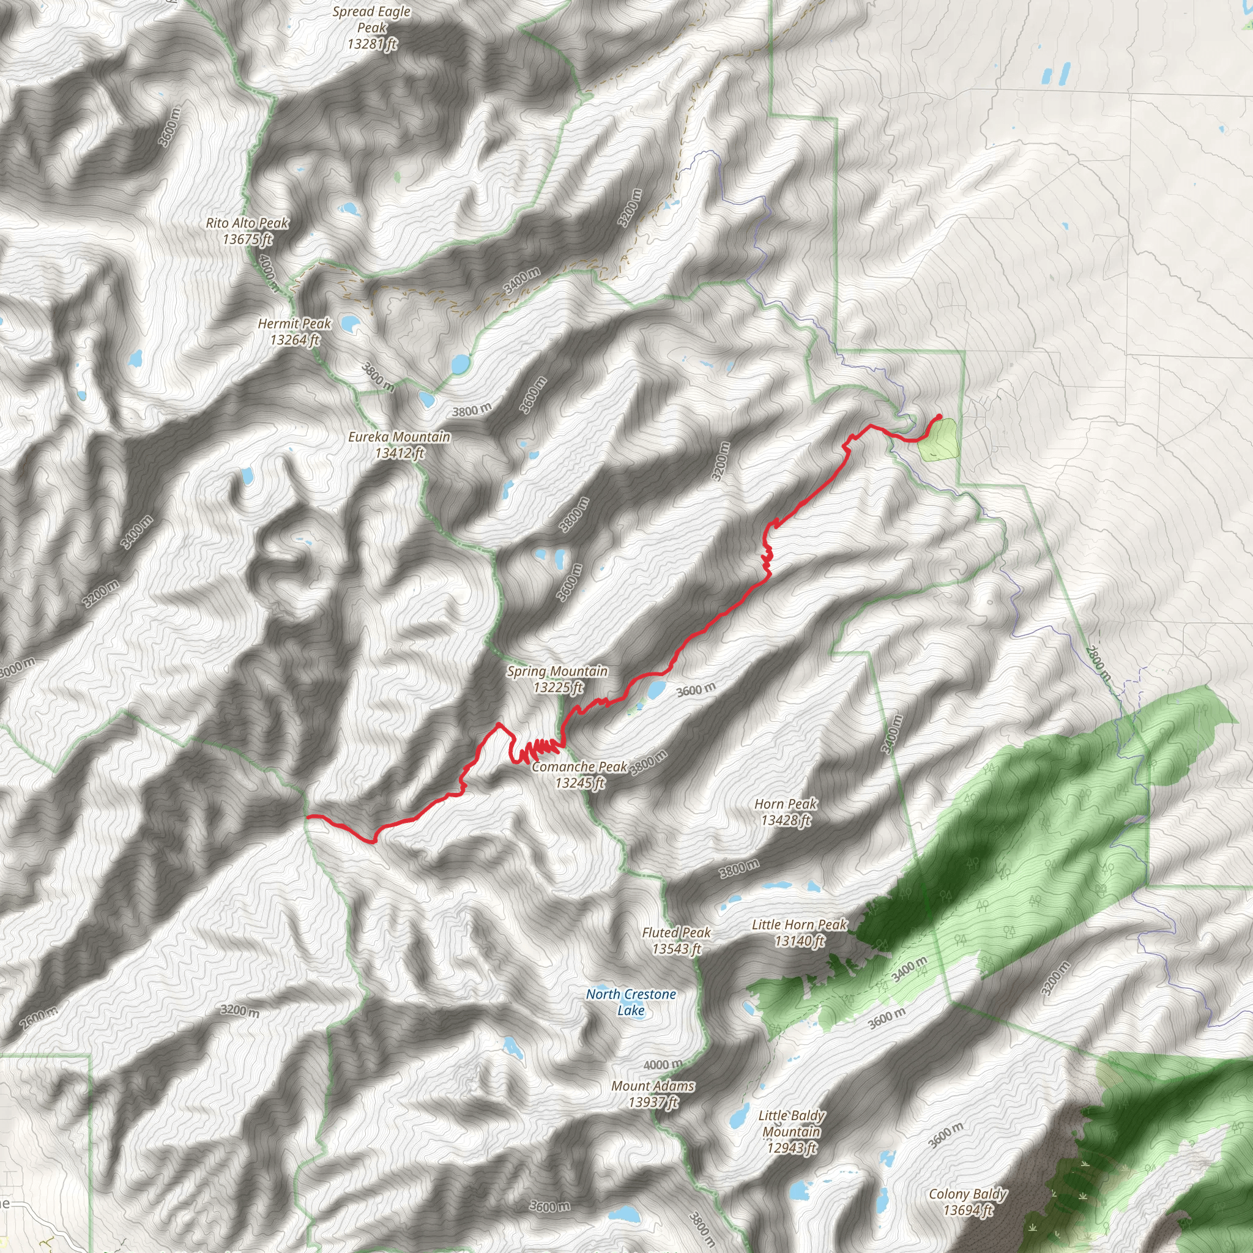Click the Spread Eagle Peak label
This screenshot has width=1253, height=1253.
tap(371, 28)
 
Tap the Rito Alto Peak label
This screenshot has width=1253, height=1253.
tap(247, 231)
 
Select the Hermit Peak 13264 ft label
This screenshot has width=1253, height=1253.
tap(294, 332)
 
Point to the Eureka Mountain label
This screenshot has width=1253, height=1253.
tap(399, 445)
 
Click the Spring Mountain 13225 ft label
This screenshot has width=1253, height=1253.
tap(557, 679)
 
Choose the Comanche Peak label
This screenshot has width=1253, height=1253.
tap(580, 775)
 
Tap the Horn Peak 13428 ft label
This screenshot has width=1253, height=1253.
tap(786, 812)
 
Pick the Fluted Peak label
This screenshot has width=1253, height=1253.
tap(677, 940)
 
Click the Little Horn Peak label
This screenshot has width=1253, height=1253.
tap(799, 932)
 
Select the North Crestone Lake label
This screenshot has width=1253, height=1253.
tap(630, 1002)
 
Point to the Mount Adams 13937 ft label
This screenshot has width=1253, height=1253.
tap(652, 1093)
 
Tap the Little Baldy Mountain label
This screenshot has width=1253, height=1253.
tap(792, 1132)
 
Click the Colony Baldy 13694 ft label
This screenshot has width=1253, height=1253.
tap(968, 1202)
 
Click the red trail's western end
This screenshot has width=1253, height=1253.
tap(307, 816)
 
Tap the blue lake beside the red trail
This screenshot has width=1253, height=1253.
tap(656, 688)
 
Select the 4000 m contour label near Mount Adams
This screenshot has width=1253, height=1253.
tap(663, 1065)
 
